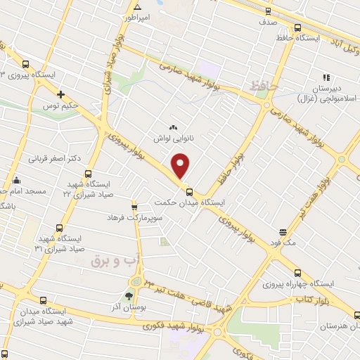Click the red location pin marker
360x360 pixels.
(181, 165)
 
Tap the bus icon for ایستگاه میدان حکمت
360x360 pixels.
(188, 191)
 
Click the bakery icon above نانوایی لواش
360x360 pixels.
(173, 127)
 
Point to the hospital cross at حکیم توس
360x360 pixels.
(61, 94)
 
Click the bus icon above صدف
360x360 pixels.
(267, 11)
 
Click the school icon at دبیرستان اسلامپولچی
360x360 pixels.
(326, 77)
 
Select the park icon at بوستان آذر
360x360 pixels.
(129, 295)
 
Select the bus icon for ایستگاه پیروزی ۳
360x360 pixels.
(26, 62)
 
